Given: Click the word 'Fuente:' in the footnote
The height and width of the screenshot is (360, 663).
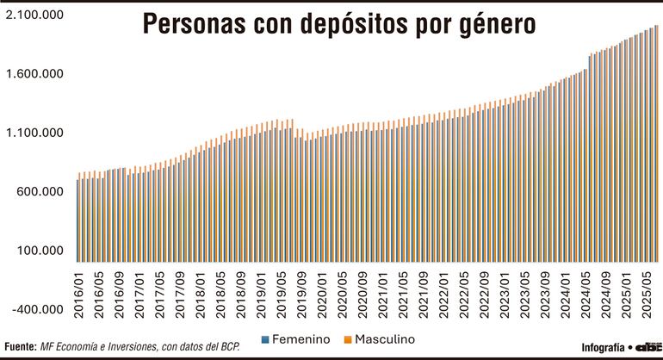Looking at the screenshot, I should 19,345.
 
